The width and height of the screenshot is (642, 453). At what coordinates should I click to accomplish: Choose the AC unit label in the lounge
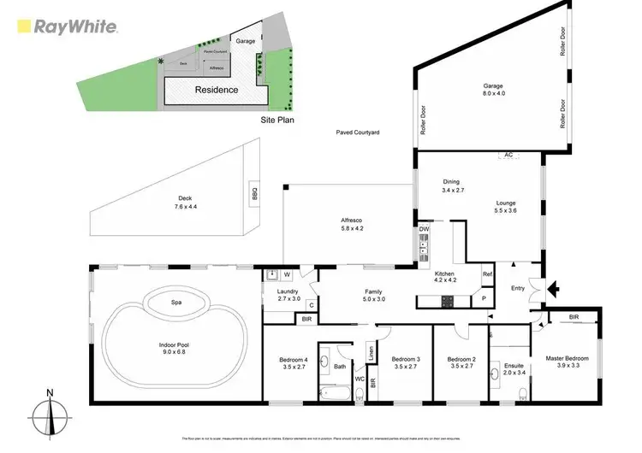508,156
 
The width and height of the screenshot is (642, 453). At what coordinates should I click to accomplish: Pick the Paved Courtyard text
357,133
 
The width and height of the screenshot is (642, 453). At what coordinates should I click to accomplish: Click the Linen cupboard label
371,352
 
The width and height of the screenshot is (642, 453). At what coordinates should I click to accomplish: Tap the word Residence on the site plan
216,90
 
